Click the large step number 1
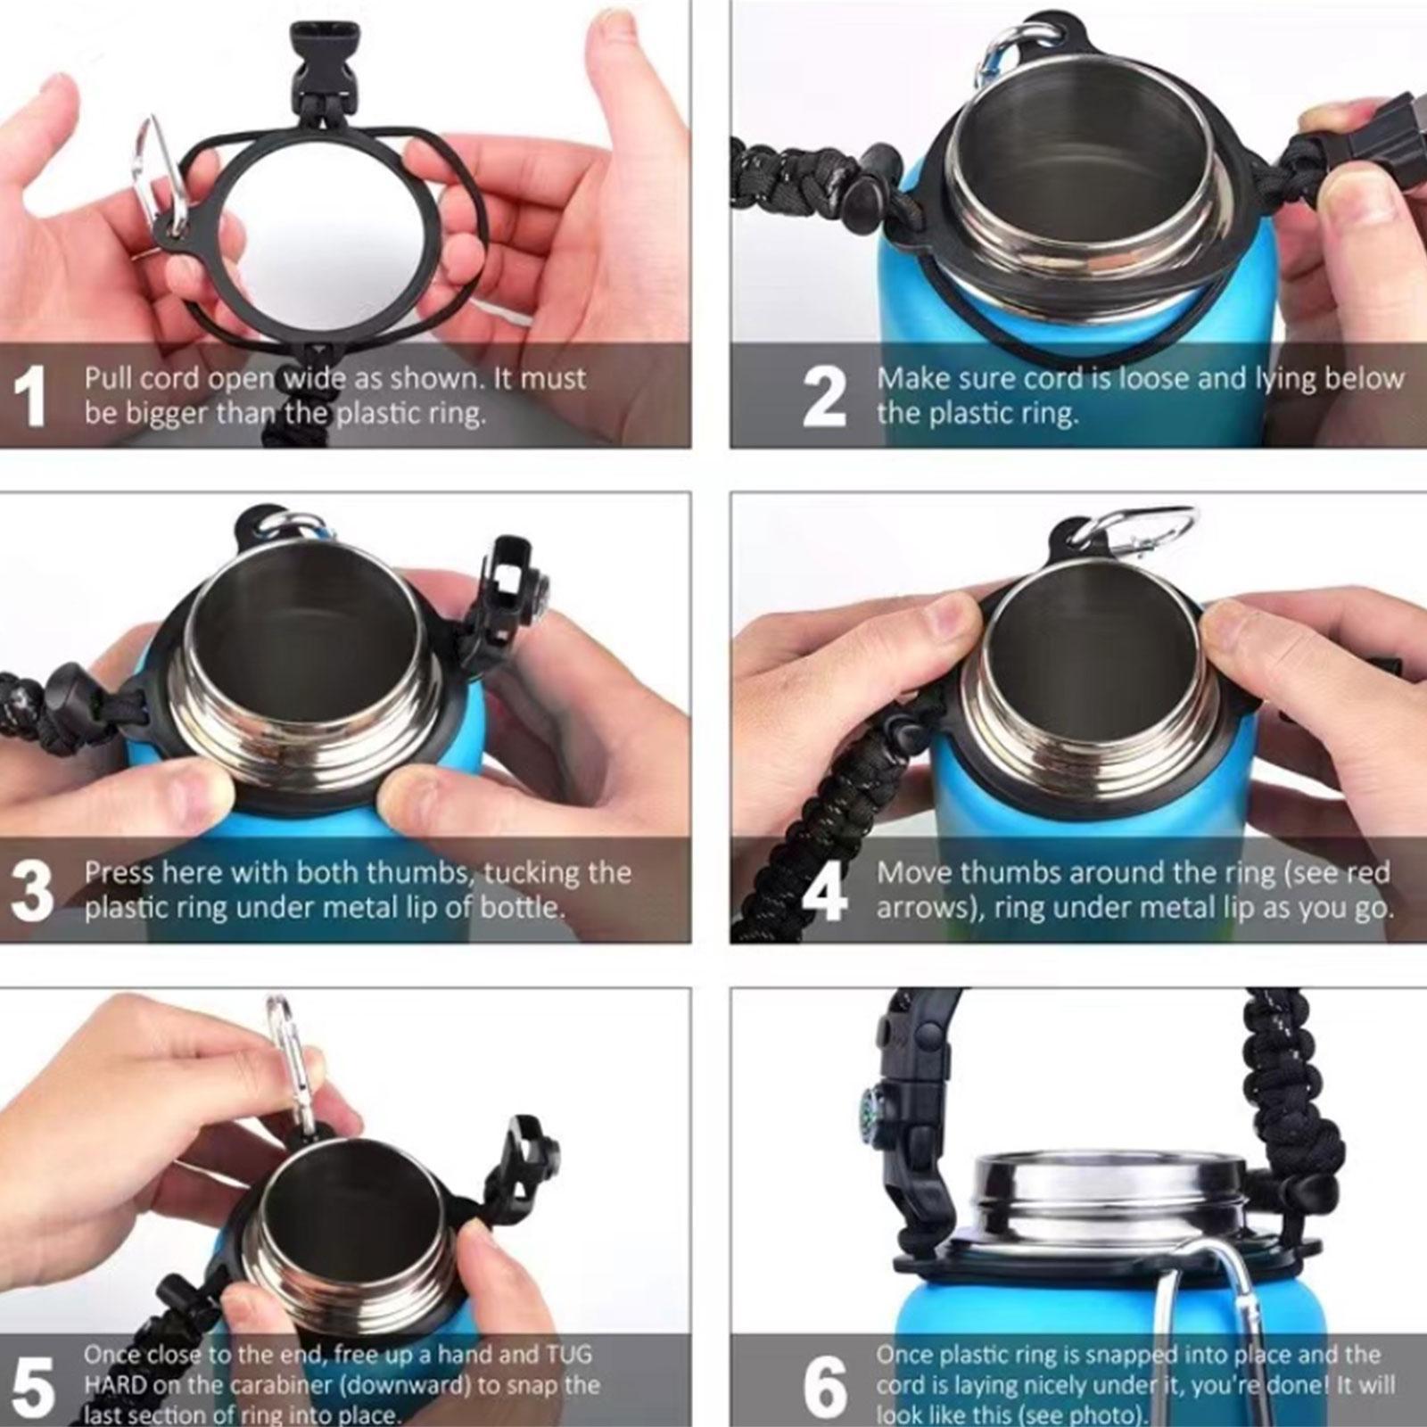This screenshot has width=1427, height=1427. tap(30, 397)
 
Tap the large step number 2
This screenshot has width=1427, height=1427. tap(823, 397)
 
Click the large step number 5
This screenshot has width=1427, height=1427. tap(33, 1385)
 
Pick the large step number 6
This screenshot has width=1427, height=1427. tap(825, 1385)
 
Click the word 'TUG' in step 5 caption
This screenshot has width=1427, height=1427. tap(567, 1354)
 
